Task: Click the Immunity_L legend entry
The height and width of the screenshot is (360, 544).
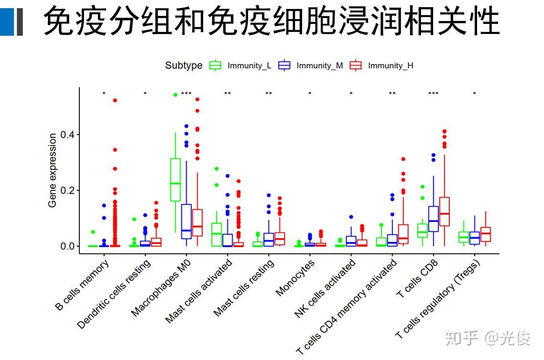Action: click(x=241, y=65)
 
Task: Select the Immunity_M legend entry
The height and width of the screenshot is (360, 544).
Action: click(x=311, y=65)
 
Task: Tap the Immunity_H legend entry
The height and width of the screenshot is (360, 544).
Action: click(x=382, y=65)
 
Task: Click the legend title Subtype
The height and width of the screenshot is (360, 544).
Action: click(x=184, y=65)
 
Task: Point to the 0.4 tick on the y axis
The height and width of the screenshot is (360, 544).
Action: click(x=68, y=135)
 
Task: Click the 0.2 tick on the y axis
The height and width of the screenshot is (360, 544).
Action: click(x=68, y=191)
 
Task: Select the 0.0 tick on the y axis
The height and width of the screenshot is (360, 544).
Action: click(x=68, y=246)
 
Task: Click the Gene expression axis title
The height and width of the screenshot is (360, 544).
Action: click(x=52, y=170)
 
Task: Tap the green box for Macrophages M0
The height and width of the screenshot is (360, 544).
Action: click(x=175, y=179)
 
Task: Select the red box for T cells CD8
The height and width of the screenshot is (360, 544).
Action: click(x=445, y=211)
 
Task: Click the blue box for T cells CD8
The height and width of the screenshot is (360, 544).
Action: click(x=434, y=219)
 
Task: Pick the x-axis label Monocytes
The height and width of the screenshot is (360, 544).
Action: click(x=295, y=278)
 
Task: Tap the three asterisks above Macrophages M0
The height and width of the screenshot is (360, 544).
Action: click(x=186, y=94)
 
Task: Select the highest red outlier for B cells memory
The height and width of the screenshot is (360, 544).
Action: click(x=115, y=100)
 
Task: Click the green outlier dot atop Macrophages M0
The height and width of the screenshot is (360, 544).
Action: click(x=175, y=95)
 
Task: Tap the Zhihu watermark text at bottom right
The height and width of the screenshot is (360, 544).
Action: click(x=488, y=338)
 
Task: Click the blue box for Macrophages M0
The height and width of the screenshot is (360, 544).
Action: click(x=186, y=221)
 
